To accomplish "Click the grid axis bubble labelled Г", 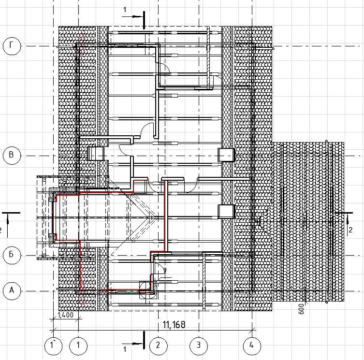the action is coord(12,46).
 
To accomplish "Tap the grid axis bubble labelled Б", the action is coord(12,255).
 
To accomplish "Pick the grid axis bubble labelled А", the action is coord(12,291).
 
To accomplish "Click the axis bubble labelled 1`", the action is coord(53,346).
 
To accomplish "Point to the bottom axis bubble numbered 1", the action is coord(78,346).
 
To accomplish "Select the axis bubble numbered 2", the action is coord(158,346).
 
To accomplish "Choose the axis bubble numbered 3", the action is coord(199,346).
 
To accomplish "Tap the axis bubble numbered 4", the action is coord(252,346).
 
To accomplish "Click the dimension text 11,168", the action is coord(174,325).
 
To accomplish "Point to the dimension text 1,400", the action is coord(65,315).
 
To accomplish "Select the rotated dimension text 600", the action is coord(301,309).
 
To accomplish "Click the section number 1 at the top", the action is coord(125,10).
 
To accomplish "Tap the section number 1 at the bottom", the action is coord(125,349).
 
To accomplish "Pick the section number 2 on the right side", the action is coord(350,230).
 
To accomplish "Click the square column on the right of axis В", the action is coord(226,155).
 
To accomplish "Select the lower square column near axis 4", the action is coord(226,211).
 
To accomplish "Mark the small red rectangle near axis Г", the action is coord(82,44).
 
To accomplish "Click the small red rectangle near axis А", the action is coord(82,293).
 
